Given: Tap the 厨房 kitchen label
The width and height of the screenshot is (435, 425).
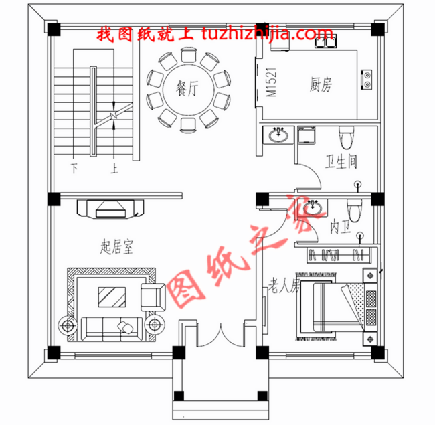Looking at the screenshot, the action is [322, 85].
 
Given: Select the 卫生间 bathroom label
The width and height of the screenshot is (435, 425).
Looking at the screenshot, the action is [341, 161].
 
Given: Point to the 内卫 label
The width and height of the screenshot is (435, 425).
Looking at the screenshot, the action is [338, 228].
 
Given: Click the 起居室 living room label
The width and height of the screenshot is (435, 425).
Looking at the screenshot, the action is [116, 248].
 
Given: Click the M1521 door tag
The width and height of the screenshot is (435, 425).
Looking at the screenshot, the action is [271, 83].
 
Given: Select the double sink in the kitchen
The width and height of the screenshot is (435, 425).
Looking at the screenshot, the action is [327, 45].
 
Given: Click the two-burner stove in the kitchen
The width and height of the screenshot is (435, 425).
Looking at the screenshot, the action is [367, 80].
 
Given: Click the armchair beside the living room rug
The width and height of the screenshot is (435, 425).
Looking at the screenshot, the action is [153, 295].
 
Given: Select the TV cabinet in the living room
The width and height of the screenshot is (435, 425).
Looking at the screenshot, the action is [110, 208].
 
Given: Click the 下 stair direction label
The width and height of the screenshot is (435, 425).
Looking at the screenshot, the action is [74, 168].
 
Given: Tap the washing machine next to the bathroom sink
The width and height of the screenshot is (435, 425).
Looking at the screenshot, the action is [307, 137].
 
